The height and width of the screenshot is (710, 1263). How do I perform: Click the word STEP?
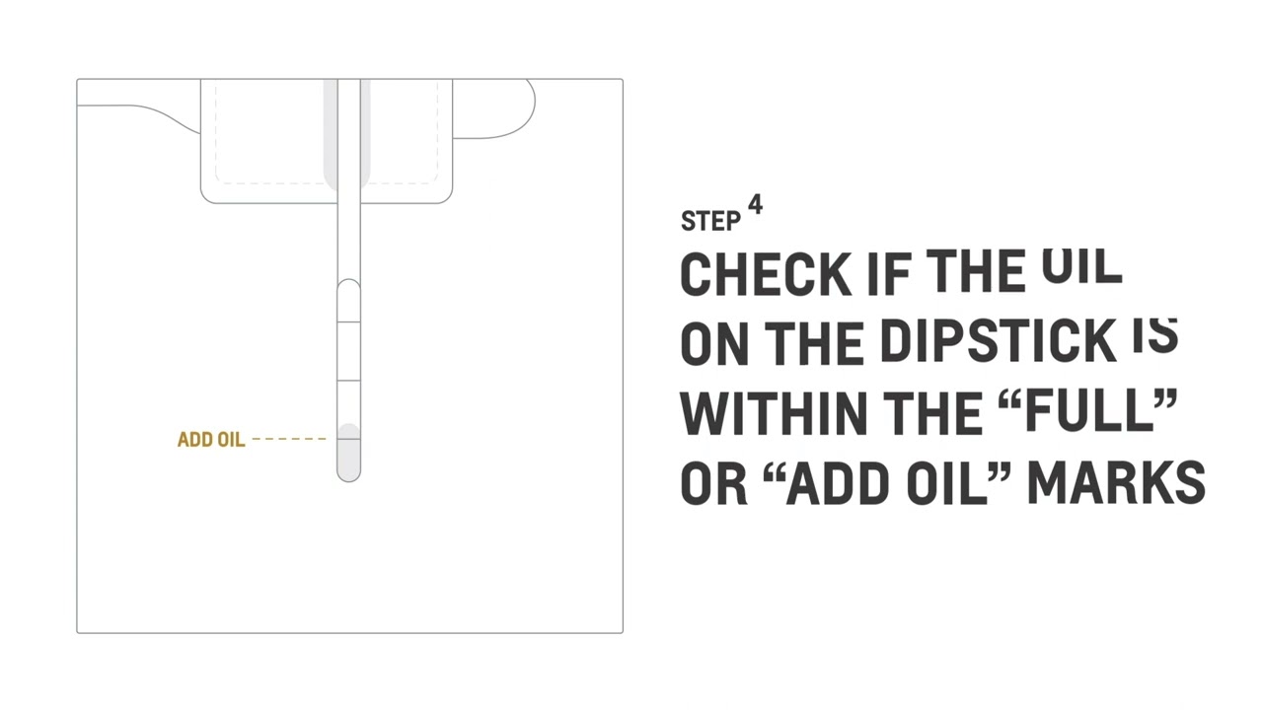710,221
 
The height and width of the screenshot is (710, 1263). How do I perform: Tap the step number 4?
755,205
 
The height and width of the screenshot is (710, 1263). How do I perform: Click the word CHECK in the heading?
765,274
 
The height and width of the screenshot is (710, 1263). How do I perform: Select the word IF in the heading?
888,274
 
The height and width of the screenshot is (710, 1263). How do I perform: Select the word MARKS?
1116,483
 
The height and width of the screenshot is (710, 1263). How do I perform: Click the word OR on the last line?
713,483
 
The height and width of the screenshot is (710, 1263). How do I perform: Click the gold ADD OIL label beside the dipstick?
210,440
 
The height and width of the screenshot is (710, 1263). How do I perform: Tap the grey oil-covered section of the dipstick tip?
348,453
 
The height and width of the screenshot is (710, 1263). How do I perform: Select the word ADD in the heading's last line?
842,483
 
